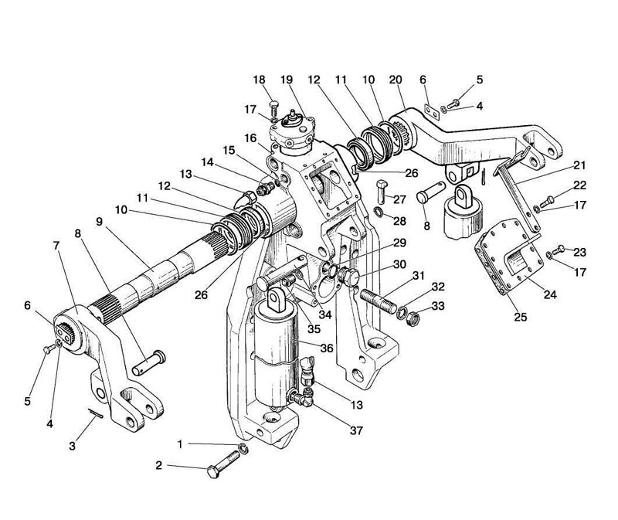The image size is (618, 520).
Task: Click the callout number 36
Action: (x=327, y=348)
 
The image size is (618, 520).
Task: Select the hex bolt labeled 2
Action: (x=223, y=465)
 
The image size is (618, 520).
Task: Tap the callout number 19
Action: (x=287, y=80)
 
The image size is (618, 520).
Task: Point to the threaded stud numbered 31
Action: (x=376, y=301)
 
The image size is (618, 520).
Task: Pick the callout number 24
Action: (x=550, y=294)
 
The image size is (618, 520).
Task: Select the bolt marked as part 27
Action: (x=382, y=192)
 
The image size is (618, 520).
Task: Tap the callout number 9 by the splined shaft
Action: (x=99, y=222)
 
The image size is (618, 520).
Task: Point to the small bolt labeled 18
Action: (x=274, y=107)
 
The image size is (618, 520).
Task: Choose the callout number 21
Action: (x=579, y=165)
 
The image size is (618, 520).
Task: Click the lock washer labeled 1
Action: (x=243, y=448)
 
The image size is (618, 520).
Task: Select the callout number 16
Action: (x=250, y=138)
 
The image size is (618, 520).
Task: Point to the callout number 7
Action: (x=56, y=246)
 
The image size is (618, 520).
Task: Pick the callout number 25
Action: (x=520, y=317)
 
